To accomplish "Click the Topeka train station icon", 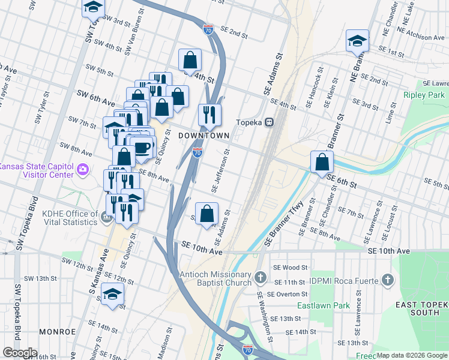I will (x=270, y=122).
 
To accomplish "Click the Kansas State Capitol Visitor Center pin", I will (x=83, y=172).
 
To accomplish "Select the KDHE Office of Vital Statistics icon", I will (x=107, y=217).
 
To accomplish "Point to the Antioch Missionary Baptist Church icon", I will (x=260, y=277).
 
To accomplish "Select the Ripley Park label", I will (x=424, y=95).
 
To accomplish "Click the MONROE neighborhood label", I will (x=57, y=331).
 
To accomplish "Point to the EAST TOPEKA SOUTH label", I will (x=421, y=309).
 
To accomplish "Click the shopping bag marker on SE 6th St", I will (x=323, y=162).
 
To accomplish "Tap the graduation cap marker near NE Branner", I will (x=357, y=41).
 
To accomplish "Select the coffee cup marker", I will (x=142, y=147).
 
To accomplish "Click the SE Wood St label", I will (x=291, y=268).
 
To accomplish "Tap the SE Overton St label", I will (x=288, y=295).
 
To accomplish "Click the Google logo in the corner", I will (x=19, y=353).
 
